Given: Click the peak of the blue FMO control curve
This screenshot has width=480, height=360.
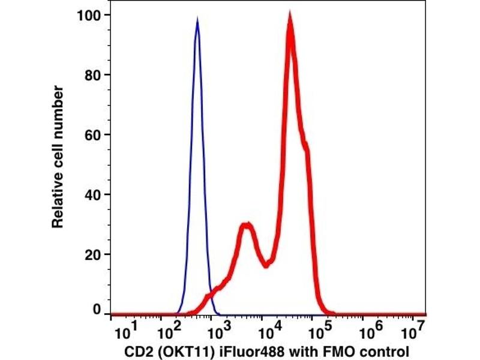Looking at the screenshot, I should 197,19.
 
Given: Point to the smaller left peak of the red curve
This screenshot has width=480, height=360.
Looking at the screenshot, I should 245,226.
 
